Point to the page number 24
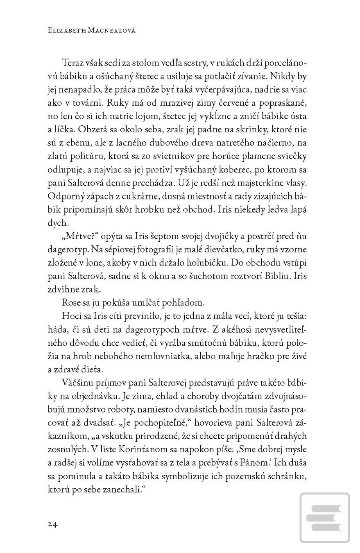[52, 524]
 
